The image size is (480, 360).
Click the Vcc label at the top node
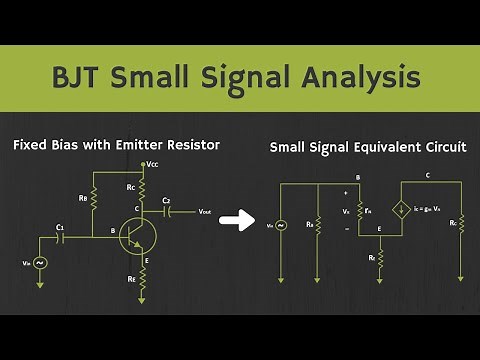click(152, 163)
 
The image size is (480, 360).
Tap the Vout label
click(204, 212)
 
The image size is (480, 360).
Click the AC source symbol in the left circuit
click(41, 262)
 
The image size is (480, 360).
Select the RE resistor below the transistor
click(143, 280)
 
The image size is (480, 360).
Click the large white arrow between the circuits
click(236, 220)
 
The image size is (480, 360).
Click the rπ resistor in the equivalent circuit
click(359, 212)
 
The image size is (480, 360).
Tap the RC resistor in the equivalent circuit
click(461, 224)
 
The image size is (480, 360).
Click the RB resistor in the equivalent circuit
click(317, 224)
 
